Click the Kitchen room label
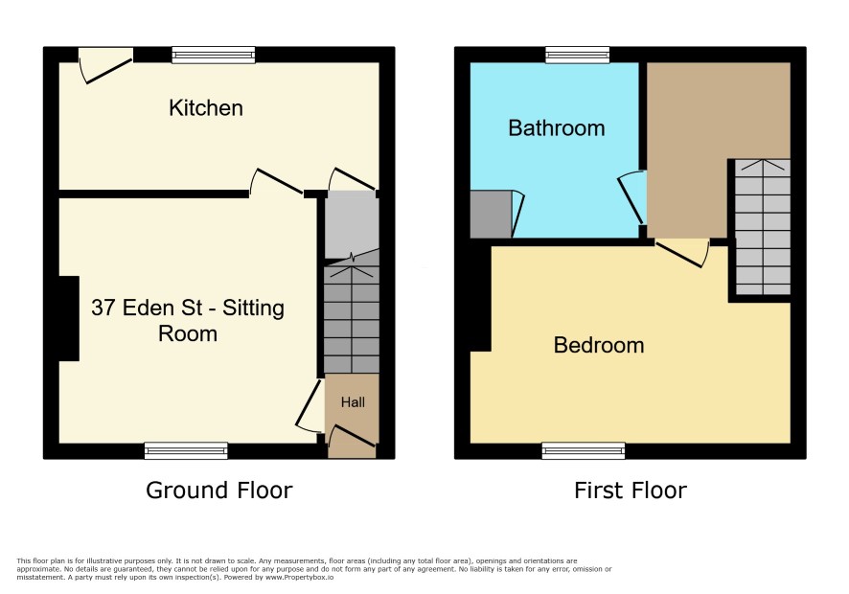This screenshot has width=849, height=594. (206, 108)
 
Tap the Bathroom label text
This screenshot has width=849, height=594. (557, 128)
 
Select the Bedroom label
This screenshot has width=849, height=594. (599, 346)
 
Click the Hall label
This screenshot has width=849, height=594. (353, 402)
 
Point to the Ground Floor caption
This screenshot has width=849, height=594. (219, 491)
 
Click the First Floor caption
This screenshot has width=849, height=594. (631, 491)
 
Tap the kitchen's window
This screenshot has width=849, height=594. (214, 55)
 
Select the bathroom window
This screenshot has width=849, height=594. (577, 55)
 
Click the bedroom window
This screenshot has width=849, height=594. (584, 450)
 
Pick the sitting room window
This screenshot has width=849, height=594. (186, 450)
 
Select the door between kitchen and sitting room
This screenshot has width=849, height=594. (276, 181)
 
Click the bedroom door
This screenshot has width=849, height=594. (681, 254)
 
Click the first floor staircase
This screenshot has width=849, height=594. (763, 227)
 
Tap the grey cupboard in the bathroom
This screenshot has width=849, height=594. (491, 214)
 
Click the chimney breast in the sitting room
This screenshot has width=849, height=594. (69, 318)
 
